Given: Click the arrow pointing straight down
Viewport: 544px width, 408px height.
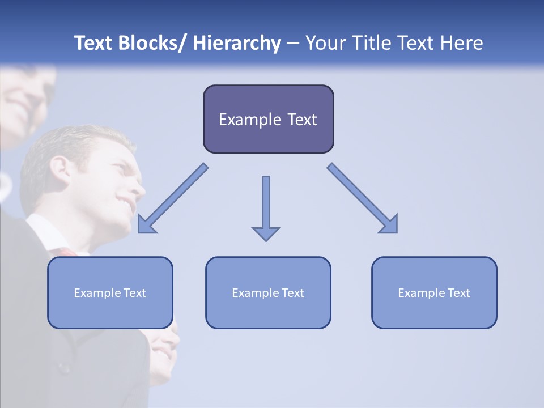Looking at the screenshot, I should [266, 204].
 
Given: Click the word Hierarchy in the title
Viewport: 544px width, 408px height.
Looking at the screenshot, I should [236, 44].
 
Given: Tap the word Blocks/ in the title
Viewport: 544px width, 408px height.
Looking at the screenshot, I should [152, 44].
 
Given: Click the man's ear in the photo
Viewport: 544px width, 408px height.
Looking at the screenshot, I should [59, 167].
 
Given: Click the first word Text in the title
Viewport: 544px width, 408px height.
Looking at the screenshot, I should [93, 44].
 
